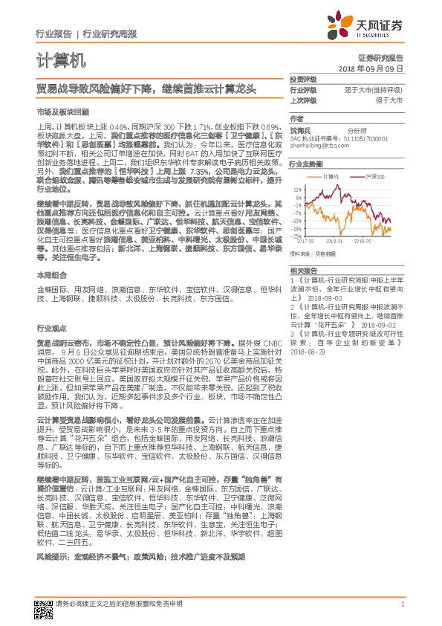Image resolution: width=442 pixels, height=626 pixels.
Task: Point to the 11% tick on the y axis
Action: tap(297, 189)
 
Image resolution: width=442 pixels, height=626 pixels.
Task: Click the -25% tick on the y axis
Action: tap(296, 236)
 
